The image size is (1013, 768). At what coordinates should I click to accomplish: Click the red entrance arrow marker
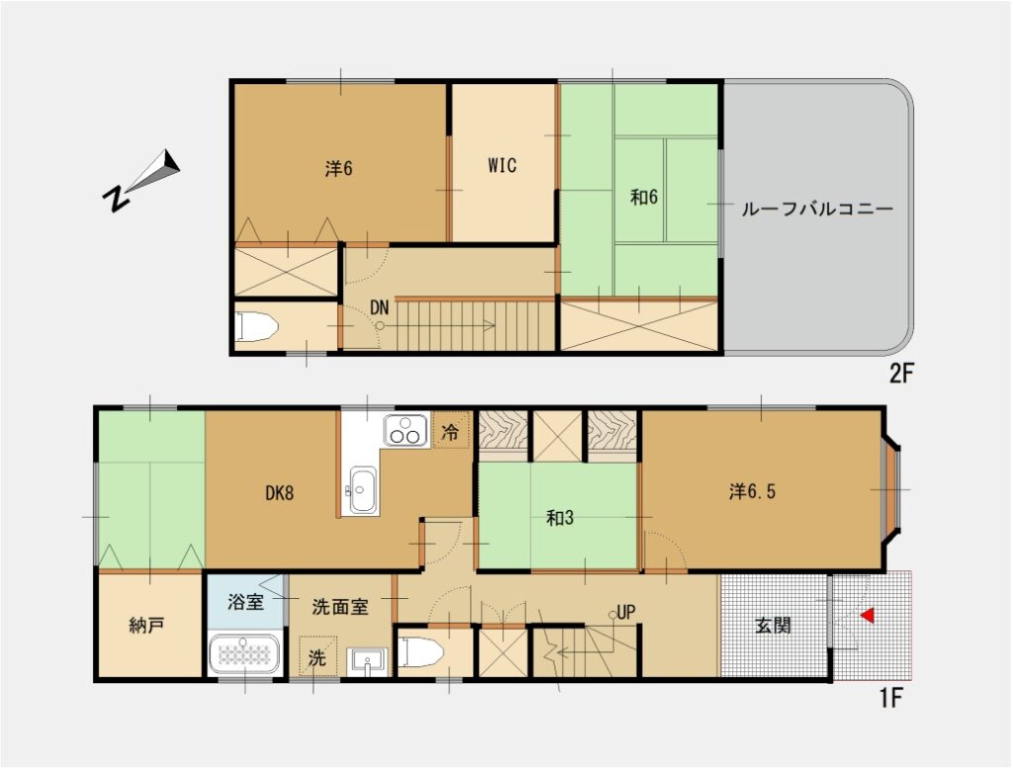tap(868, 616)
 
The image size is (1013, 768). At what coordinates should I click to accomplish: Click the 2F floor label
tap(902, 374)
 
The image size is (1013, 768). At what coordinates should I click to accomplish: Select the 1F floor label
tap(890, 698)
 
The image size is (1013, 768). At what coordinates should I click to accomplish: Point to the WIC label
tap(502, 165)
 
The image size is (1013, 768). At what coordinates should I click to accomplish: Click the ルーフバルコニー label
tap(816, 209)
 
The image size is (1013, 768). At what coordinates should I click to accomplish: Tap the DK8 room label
tap(280, 493)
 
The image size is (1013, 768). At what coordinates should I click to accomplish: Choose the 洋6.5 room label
tap(752, 492)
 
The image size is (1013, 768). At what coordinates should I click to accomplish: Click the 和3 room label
tap(560, 518)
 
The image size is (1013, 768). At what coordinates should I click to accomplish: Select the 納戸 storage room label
tap(146, 626)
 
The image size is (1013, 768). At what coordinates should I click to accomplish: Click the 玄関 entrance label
tap(773, 625)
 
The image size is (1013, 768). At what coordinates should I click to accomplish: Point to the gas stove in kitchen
tap(406, 431)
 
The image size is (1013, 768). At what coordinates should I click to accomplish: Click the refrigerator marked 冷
tap(450, 431)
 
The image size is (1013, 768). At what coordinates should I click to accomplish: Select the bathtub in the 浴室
tap(243, 653)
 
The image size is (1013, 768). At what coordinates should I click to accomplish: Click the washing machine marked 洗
tap(318, 656)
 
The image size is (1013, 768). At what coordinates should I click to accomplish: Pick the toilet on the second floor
tap(256, 326)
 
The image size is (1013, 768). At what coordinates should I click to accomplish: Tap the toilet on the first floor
tap(419, 651)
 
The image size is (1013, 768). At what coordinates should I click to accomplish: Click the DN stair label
tap(379, 307)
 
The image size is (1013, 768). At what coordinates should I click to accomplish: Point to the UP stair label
tap(625, 612)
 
